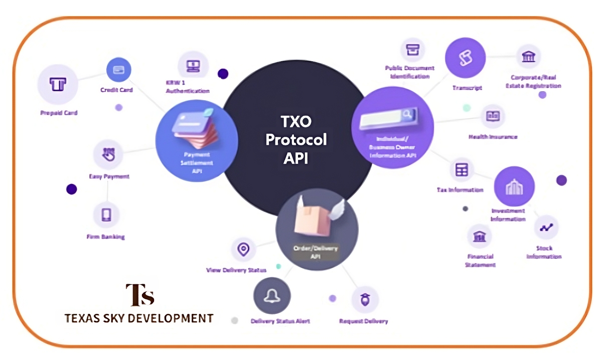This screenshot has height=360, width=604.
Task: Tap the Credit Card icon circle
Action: pos(119,69)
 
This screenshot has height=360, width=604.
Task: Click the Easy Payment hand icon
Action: pos(108,154)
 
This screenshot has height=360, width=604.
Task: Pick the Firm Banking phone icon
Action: pos(106,215)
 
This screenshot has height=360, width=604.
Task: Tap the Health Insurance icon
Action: pos(492,116)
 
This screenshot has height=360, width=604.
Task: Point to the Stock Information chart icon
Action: pos(545,227)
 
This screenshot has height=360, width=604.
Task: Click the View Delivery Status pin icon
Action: pos(244,249)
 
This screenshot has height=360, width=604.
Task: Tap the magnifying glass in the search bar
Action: pos(407,114)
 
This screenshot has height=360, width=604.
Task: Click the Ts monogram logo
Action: pos(139,295)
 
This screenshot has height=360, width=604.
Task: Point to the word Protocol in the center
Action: pos(296,139)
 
